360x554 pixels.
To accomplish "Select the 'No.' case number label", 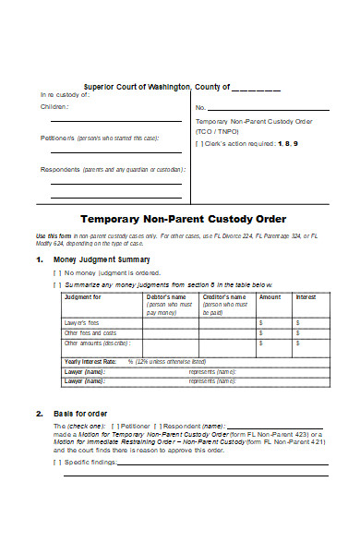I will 199,108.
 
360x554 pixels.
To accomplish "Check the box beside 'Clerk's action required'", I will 198,145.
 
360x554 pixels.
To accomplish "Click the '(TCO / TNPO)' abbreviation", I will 215,132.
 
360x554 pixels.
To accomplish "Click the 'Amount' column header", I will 270,297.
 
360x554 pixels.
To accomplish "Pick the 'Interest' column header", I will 306,297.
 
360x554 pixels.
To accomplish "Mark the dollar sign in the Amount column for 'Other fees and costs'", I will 261,332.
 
